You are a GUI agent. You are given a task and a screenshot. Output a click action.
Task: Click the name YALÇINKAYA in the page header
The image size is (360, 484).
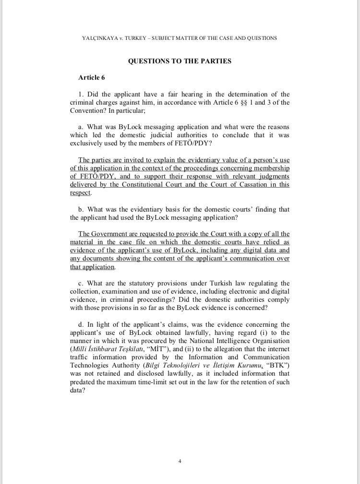coord(99,38)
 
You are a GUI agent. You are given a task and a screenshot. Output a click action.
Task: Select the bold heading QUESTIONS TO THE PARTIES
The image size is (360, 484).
coord(180,61)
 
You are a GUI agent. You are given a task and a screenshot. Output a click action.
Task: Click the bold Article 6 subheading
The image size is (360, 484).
coord(91,77)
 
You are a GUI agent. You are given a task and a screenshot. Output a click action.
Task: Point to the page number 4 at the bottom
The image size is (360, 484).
coord(180,461)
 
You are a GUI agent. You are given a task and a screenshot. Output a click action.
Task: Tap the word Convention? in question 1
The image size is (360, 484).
coord(88,110)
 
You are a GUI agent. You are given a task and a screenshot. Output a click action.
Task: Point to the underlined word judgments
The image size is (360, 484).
coord(272,177)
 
